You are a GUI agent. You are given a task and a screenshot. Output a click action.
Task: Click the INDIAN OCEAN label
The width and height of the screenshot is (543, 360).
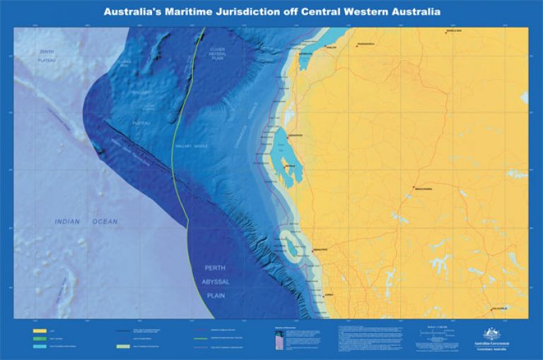tap(86, 222)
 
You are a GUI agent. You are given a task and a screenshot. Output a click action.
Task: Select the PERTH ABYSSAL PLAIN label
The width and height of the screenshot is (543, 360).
tap(214, 279)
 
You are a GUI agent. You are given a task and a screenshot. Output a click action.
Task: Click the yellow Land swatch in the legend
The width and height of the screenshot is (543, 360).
tap(38, 330)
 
